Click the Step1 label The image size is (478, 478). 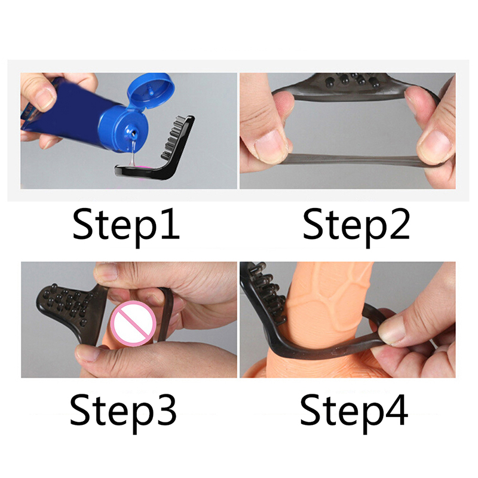coord(126,226)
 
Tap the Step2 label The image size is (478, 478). coord(356,226)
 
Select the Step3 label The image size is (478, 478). coord(123,412)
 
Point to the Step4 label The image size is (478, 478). coord(354,412)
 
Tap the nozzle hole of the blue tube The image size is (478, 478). coord(133,133)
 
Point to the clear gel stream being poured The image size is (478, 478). coord(132,152)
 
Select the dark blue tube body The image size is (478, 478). coord(67,110)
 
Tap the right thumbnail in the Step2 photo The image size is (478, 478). coord(434,144)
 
